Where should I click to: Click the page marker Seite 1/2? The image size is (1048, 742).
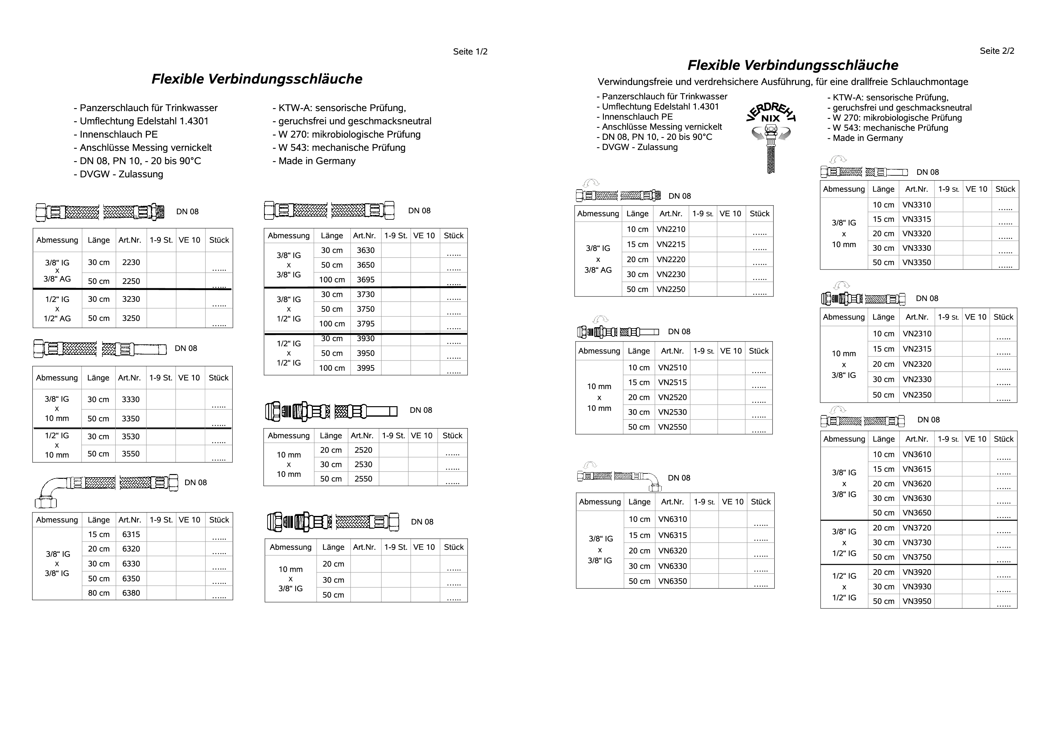pyautogui.click(x=470, y=52)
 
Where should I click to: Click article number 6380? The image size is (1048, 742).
pyautogui.click(x=131, y=593)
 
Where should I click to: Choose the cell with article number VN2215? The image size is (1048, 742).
pyautogui.click(x=671, y=244)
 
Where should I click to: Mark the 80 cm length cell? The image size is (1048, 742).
pyautogui.click(x=99, y=593)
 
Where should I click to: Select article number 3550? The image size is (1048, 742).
pyautogui.click(x=131, y=454)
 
